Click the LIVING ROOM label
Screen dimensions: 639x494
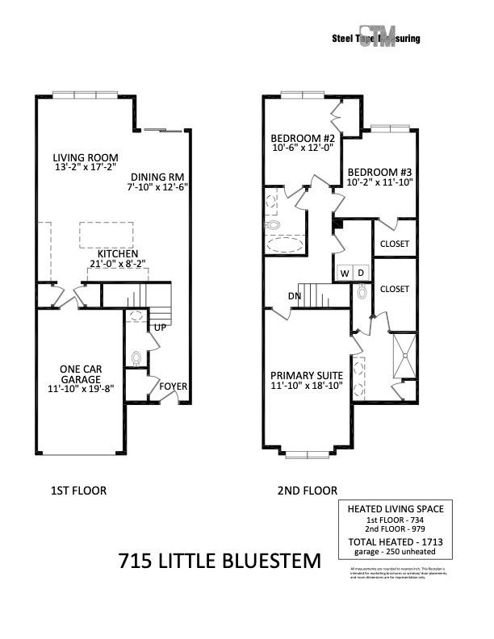pyautogui.click(x=86, y=158)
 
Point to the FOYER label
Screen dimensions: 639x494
pyautogui.click(x=173, y=386)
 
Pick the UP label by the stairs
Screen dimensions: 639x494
pyautogui.click(x=160, y=328)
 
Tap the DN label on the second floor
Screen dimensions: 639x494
pyautogui.click(x=295, y=295)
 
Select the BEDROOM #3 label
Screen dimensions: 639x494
pyautogui.click(x=379, y=172)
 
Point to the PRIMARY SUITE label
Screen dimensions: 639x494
pyautogui.click(x=307, y=375)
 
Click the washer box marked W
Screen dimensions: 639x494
pyautogui.click(x=345, y=274)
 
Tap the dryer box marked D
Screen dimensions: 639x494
pyautogui.click(x=362, y=274)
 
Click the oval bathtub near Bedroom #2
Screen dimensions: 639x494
pyautogui.click(x=286, y=244)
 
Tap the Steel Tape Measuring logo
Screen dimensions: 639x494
pyautogui.click(x=376, y=39)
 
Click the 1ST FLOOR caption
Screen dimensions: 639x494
pyautogui.click(x=77, y=491)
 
